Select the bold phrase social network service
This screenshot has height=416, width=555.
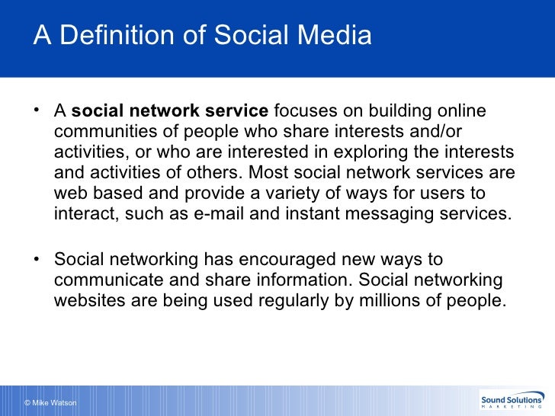click(170, 111)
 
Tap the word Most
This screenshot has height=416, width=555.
click(275, 172)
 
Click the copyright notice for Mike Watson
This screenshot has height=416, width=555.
click(50, 402)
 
